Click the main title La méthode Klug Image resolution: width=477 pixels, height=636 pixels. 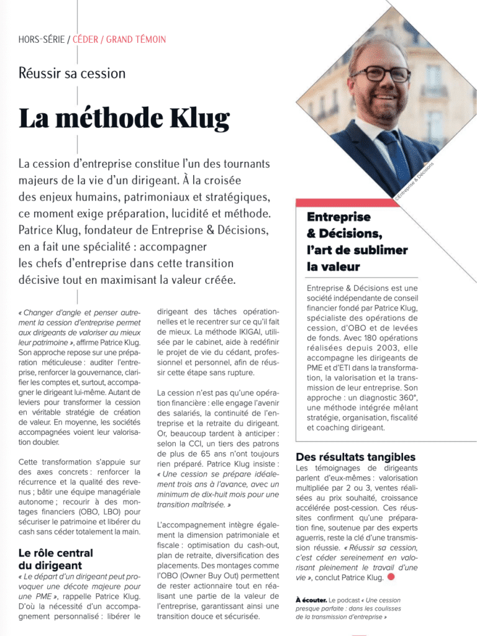point(124,118)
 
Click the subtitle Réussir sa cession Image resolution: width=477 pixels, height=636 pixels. point(72,73)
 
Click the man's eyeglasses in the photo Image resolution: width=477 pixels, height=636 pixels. point(380,73)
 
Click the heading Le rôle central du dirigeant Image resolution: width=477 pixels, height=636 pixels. point(56,559)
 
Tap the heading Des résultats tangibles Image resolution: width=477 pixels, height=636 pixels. point(356,457)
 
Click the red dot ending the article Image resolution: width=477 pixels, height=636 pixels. point(391,577)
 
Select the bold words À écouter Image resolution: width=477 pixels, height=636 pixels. point(311,600)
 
